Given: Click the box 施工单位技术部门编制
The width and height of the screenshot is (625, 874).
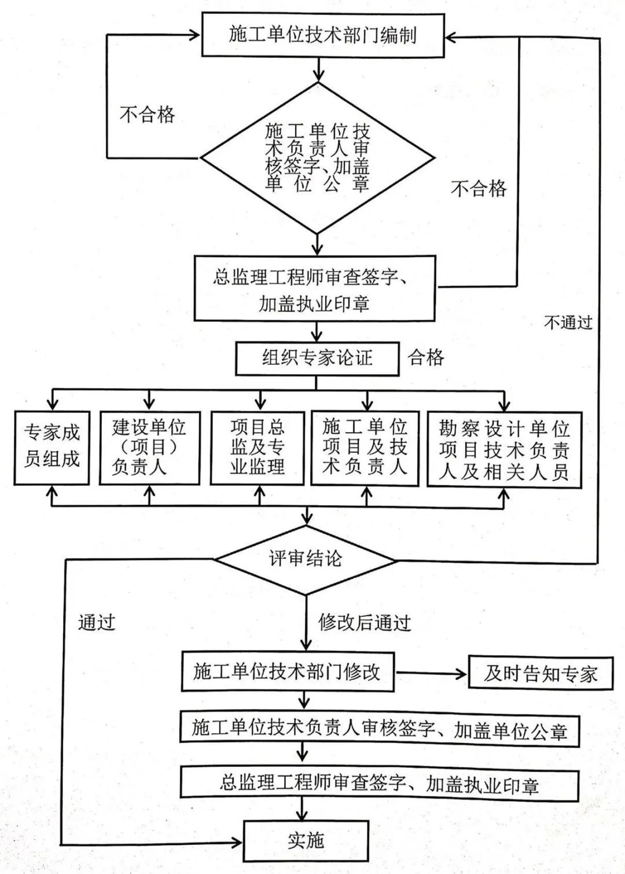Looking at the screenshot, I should tap(322, 35).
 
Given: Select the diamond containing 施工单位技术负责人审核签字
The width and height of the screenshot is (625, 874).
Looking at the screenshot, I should tap(317, 158).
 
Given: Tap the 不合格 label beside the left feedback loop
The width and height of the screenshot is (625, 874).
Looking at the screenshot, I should tap(147, 114).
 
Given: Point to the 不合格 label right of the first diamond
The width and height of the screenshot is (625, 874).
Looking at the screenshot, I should tap(478, 188).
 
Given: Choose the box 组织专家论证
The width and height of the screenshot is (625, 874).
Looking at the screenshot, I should tap(317, 358).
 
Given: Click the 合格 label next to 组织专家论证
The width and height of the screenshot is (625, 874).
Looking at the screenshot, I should tap(427, 357).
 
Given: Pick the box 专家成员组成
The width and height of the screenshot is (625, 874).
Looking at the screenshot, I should tap(52, 447).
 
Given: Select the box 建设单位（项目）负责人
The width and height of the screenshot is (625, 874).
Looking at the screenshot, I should tap(149, 447).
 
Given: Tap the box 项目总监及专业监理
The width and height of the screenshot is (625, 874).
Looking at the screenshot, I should tap(258, 447).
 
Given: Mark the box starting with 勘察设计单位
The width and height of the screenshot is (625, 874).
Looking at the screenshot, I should tap(504, 449).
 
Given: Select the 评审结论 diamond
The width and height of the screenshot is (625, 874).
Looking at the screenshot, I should tap(305, 559).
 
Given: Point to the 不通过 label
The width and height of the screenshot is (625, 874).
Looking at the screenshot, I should tap(568, 322).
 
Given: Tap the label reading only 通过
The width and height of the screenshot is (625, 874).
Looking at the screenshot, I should tap(97, 622).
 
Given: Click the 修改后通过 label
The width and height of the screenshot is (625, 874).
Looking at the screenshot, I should tap(365, 623).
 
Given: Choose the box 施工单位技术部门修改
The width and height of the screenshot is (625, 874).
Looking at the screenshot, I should tap(288, 672).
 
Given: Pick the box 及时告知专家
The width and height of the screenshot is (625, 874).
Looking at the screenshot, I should tap(540, 673).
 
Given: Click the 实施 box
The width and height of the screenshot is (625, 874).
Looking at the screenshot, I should tap(306, 840).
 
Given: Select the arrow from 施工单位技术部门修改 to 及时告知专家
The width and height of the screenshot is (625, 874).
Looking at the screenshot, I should tap(431, 673).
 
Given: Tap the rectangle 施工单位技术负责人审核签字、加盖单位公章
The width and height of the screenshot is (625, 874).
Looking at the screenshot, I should tap(379, 729).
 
